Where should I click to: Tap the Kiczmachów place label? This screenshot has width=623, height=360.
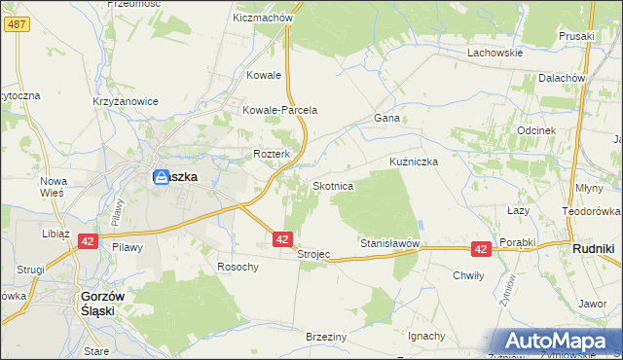pyautogui.click(x=263, y=18)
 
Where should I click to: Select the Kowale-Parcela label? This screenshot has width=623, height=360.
pyautogui.click(x=280, y=110)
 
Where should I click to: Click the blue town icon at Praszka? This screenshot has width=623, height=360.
pyautogui.click(x=160, y=177)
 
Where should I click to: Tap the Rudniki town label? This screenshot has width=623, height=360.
pyautogui.click(x=592, y=249)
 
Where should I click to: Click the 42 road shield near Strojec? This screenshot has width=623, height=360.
pyautogui.click(x=282, y=238)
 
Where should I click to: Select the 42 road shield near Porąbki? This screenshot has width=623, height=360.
pyautogui.click(x=481, y=249)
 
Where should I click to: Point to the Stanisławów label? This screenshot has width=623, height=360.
pyautogui.click(x=389, y=242)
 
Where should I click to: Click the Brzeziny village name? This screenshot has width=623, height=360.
pyautogui.click(x=327, y=335)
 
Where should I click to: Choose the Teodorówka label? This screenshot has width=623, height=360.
pyautogui.click(x=591, y=210)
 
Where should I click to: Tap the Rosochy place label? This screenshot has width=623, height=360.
pyautogui.click(x=238, y=267)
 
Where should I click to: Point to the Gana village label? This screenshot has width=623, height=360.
pyautogui.click(x=388, y=118)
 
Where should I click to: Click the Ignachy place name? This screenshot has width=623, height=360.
pyautogui.click(x=426, y=336)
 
